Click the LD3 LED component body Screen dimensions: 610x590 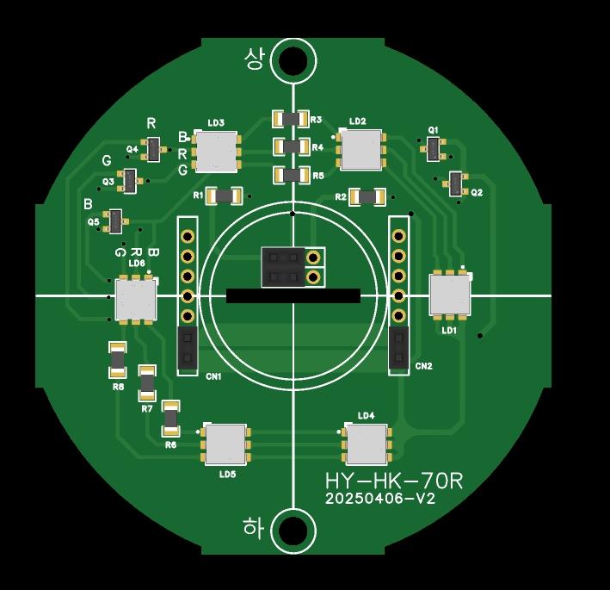216,152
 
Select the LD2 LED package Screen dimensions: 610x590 360,150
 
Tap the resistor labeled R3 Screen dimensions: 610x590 291,119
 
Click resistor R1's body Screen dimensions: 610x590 224,196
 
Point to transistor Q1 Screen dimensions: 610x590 434,149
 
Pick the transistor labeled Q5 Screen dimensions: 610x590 115,221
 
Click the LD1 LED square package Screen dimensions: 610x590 450,294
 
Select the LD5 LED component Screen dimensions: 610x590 225,444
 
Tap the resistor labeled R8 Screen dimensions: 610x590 118,360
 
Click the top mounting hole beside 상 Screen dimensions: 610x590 293,61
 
